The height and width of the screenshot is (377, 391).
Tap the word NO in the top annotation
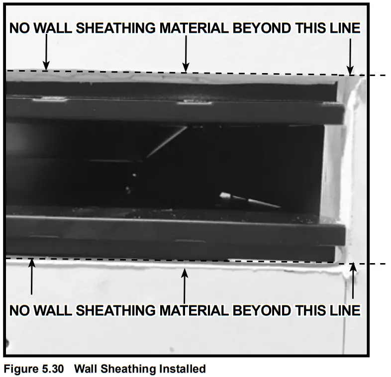19,28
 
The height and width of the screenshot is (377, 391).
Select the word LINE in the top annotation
343,28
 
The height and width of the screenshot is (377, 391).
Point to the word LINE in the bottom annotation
343,310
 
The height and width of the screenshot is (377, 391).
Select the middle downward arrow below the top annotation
186,55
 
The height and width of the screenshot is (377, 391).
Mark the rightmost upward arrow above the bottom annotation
353,281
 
